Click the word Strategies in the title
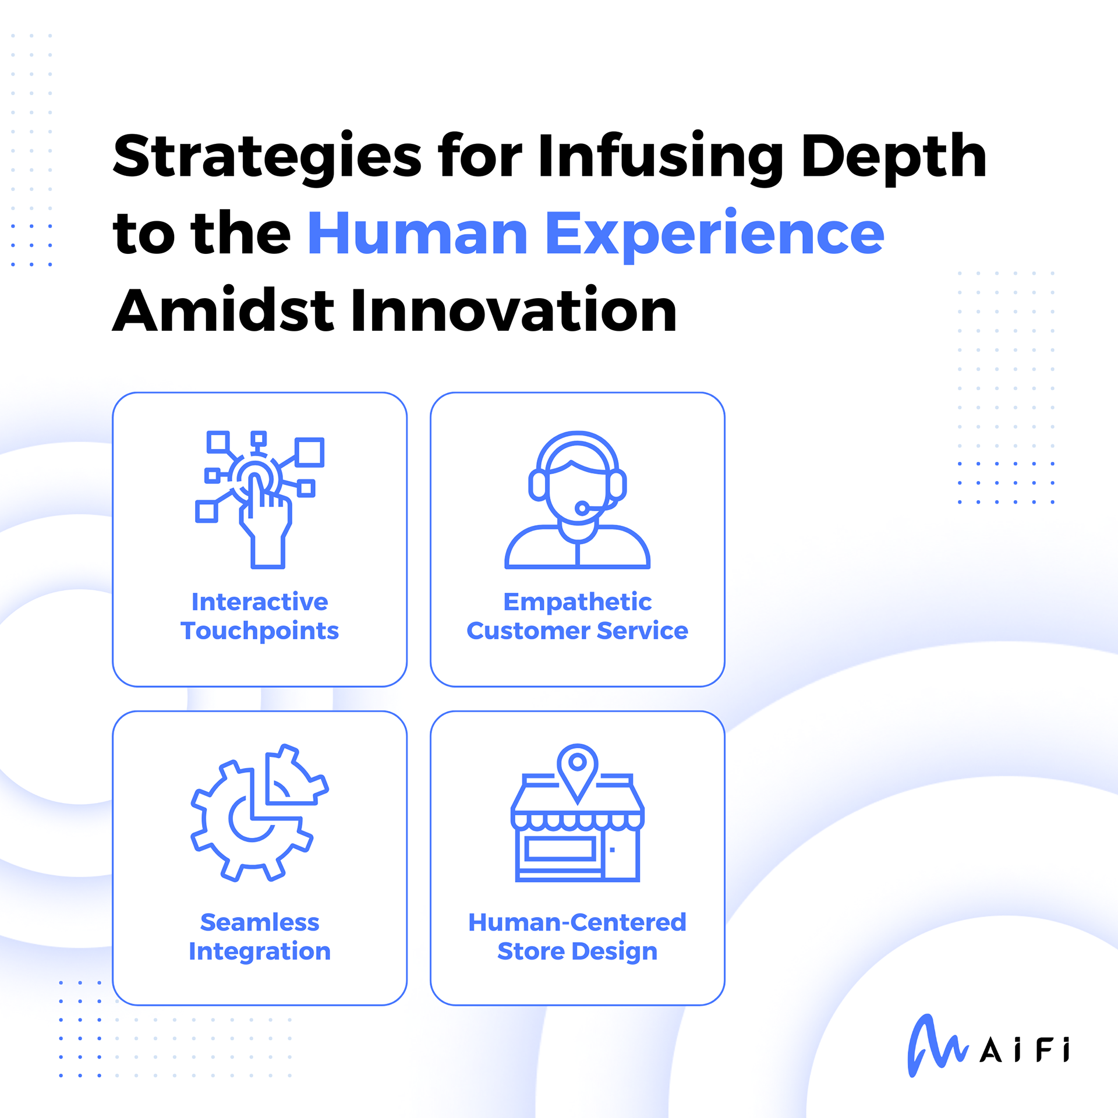[x=267, y=156]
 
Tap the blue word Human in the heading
[x=418, y=233]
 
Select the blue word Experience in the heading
[x=714, y=235]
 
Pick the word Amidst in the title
[x=223, y=310]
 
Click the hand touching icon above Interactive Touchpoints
[x=260, y=500]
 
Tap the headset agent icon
[x=577, y=500]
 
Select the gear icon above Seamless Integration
[x=260, y=813]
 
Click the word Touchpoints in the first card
[x=260, y=631]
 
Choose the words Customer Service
[x=577, y=631]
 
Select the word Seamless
[x=260, y=922]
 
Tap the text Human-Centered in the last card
[x=577, y=922]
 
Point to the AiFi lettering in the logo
[x=1025, y=1050]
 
